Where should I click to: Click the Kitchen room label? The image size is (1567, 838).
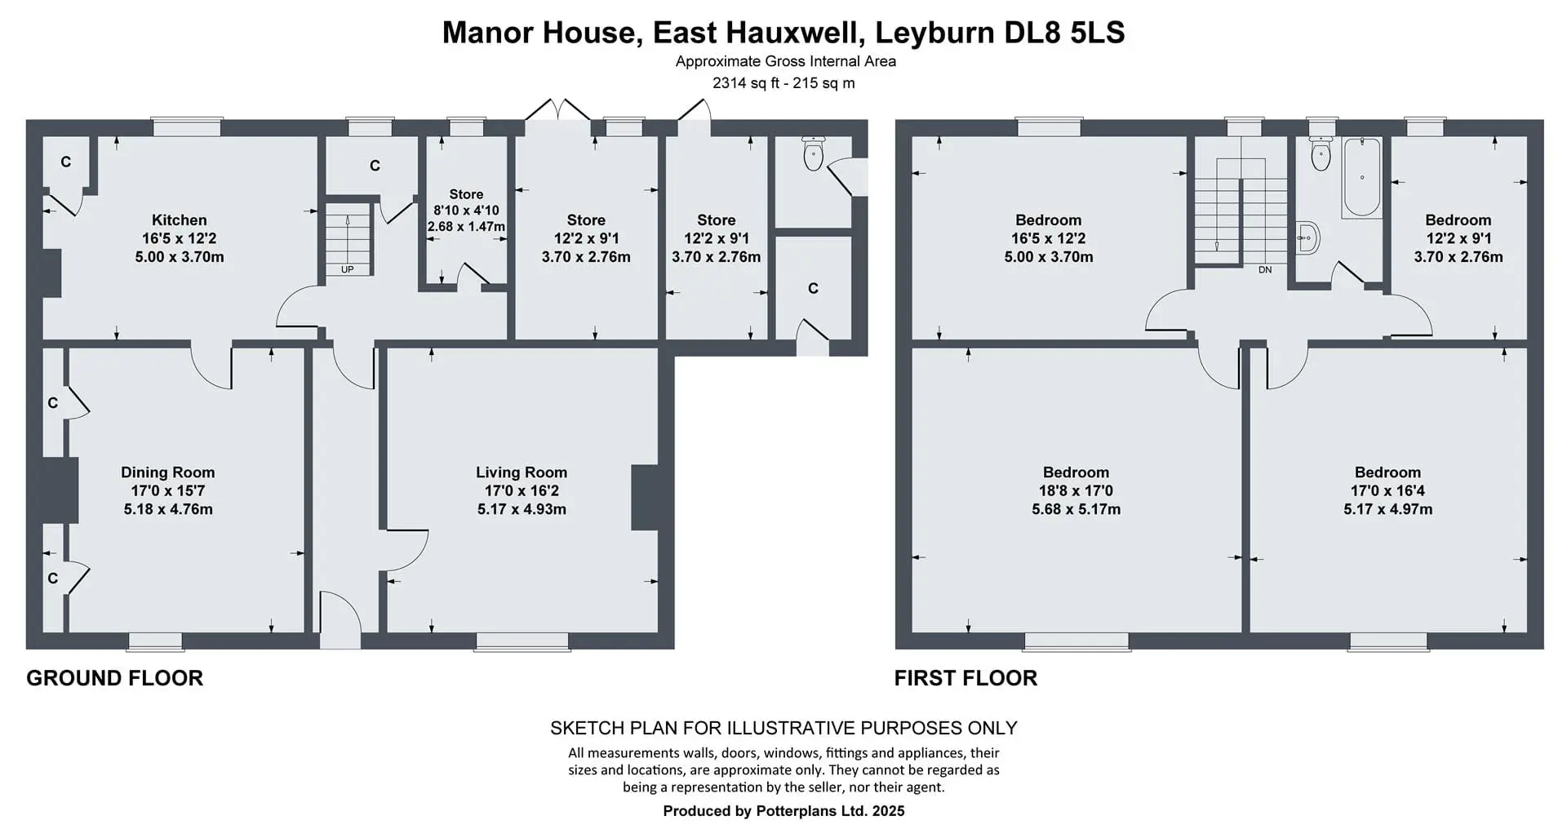coord(180,220)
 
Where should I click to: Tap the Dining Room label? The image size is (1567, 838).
coord(168,472)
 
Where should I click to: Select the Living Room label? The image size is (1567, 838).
coord(522,472)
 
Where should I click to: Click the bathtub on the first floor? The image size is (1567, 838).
coord(1361,177)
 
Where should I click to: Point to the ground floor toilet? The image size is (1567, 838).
coord(813,153)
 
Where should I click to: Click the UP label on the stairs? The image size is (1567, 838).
coord(348,269)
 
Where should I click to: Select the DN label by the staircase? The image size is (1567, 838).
coord(1265,269)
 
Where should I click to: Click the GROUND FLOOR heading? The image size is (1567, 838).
coord(115,678)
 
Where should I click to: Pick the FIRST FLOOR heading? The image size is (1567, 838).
coord(966,678)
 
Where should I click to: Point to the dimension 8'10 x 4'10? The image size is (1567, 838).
coord(466,211)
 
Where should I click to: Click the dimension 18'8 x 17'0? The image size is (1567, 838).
coord(1076,491)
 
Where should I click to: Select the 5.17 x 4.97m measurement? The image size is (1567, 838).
coord(1387,510)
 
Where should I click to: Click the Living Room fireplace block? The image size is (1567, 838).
coord(645,498)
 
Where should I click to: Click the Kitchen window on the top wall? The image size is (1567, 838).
coord(188,127)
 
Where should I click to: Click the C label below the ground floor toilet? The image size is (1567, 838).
coord(813,289)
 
